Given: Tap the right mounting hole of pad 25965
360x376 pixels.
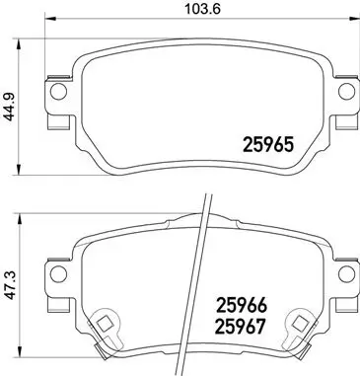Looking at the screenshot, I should pos(345,92).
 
